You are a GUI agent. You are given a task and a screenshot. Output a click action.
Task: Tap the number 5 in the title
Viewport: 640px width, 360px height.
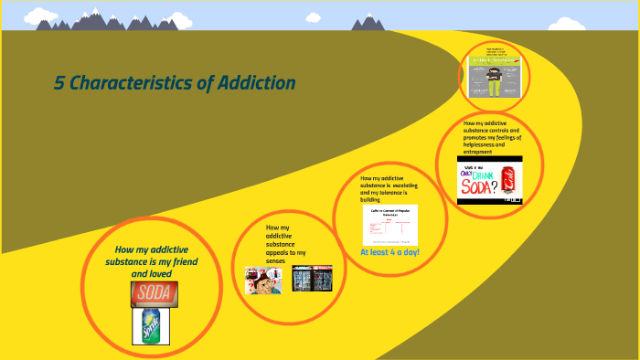click(59, 83)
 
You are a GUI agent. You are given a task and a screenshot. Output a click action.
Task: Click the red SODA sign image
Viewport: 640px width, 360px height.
click(154, 293)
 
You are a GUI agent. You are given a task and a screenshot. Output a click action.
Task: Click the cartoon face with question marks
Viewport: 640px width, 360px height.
click(262, 280)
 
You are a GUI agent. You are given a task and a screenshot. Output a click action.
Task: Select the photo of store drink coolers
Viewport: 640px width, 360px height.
click(312, 278)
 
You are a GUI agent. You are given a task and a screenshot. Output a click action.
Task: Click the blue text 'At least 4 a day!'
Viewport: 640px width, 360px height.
click(389, 252)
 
